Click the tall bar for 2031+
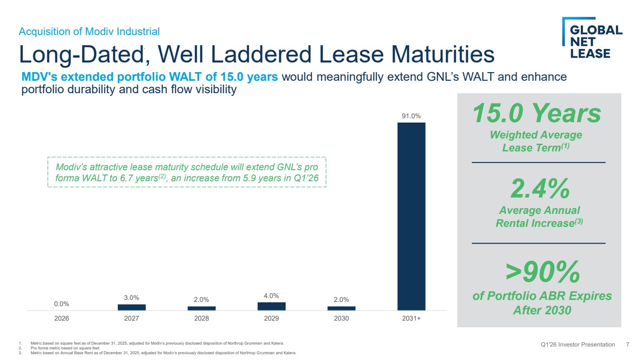(x=411, y=216)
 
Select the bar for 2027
(x=132, y=307)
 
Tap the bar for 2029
(x=271, y=306)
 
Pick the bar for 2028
(x=201, y=308)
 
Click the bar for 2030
(x=341, y=308)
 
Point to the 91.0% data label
(x=411, y=116)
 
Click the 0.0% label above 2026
(x=62, y=304)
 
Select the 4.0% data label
(x=271, y=296)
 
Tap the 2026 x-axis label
(x=62, y=318)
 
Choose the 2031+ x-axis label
(x=411, y=318)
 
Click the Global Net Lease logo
(x=592, y=38)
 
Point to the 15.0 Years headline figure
(x=537, y=113)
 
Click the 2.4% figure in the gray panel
(x=540, y=188)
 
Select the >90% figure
(x=542, y=272)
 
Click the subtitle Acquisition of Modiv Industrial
(x=89, y=31)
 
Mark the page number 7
(x=628, y=345)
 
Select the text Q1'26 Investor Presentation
(x=578, y=345)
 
